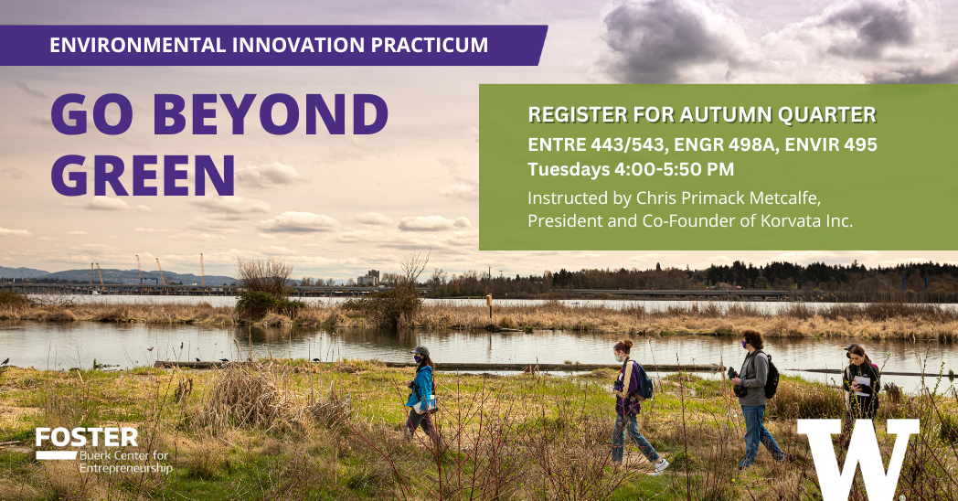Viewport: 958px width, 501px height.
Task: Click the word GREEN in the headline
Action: coord(143,175)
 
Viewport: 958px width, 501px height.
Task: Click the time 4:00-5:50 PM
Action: coord(673,169)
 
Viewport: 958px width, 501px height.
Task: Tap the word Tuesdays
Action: coord(568,169)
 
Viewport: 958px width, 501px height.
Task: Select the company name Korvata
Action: coord(788,220)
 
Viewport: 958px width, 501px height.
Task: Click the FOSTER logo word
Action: coord(87,437)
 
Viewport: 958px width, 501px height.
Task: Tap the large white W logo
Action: coord(857,458)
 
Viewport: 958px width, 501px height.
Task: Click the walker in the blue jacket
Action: coord(421,394)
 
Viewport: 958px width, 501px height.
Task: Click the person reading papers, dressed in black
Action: coord(861,382)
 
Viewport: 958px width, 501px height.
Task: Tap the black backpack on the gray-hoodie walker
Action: coord(771,375)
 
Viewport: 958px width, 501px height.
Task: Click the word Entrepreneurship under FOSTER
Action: coord(126,468)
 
